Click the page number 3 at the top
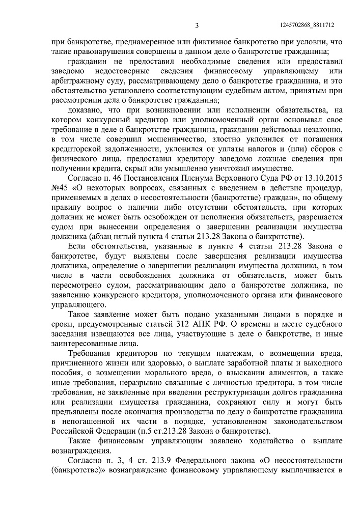(197, 25)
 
